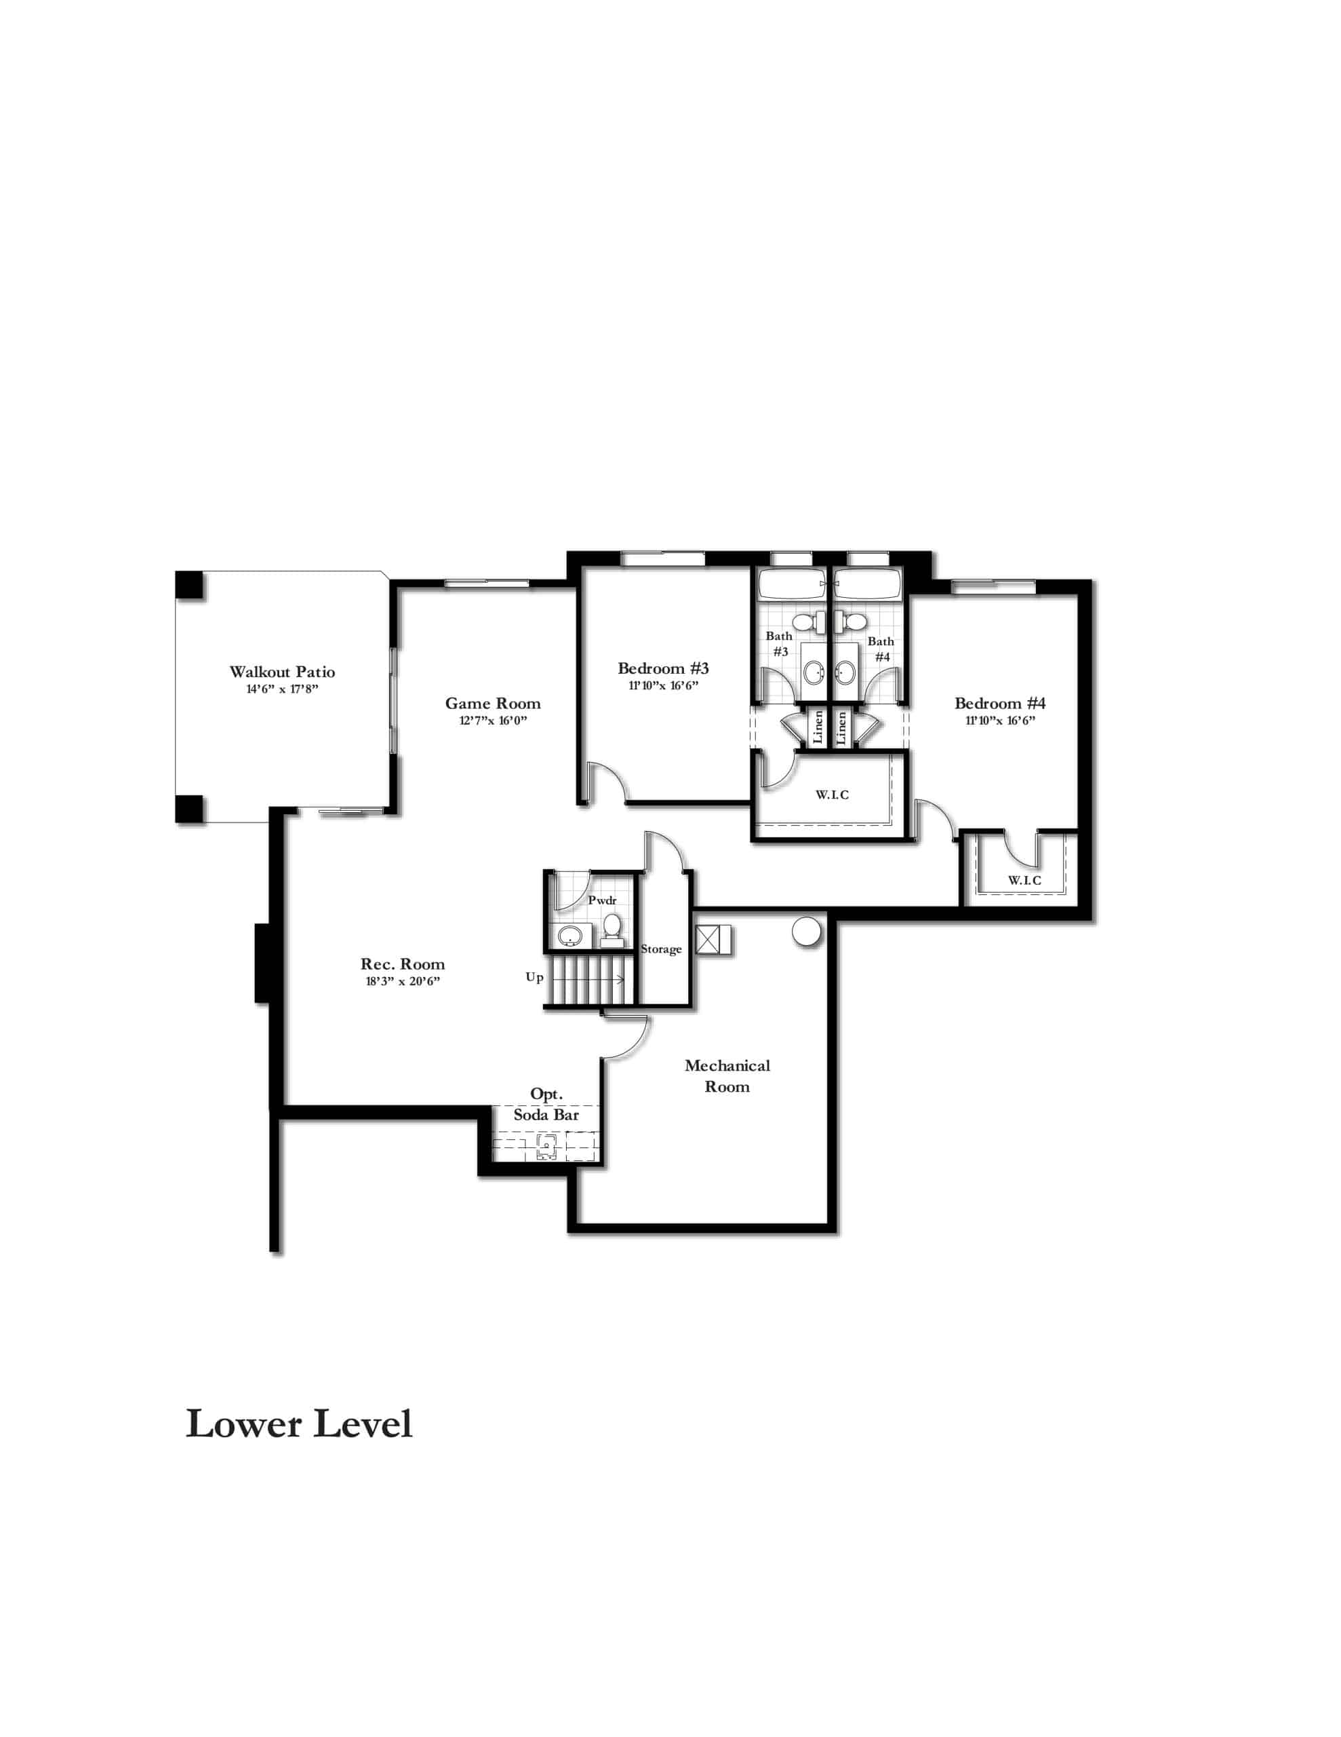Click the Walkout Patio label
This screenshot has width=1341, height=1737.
click(282, 672)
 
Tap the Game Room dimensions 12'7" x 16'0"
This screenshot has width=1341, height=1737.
click(493, 721)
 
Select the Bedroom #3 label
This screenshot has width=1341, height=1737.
click(663, 669)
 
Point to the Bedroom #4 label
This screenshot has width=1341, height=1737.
click(1000, 703)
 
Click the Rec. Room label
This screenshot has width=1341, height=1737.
click(402, 964)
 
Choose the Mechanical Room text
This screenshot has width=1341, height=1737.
click(727, 1076)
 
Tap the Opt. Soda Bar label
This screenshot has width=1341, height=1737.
click(546, 1105)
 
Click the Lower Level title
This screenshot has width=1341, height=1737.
click(299, 1424)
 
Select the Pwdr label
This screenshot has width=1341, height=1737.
click(603, 900)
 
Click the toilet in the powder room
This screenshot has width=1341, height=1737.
click(612, 930)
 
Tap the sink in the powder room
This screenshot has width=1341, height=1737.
click(570, 936)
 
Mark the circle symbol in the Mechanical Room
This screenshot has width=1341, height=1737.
click(807, 932)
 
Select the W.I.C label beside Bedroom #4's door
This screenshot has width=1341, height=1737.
click(1024, 881)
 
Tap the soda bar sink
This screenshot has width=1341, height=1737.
click(546, 1145)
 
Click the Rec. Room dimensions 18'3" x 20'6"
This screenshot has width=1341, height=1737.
click(402, 981)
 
